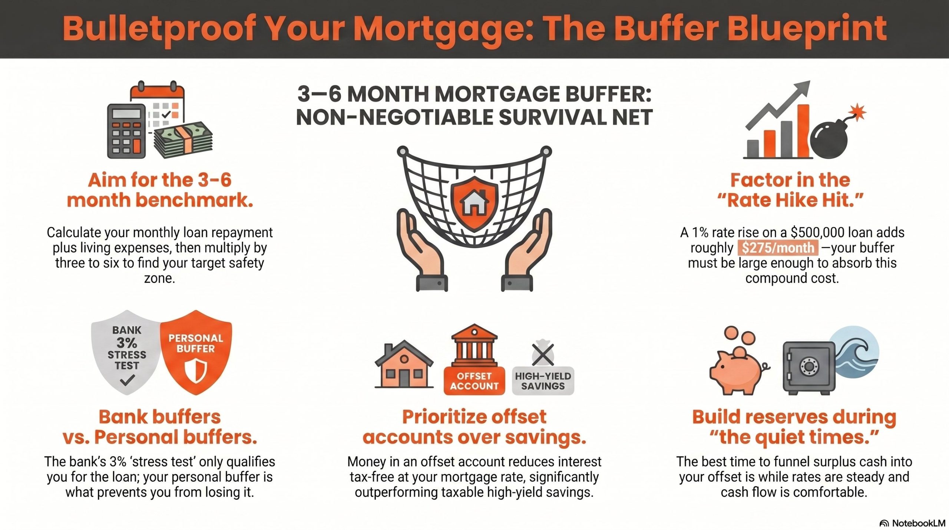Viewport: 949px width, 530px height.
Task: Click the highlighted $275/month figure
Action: [x=777, y=248]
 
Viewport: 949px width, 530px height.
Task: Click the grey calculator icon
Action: [x=126, y=131]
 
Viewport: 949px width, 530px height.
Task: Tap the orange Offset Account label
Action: [x=474, y=381]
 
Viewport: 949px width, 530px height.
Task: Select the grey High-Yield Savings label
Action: [x=543, y=381]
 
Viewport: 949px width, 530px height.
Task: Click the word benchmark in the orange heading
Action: [x=195, y=200]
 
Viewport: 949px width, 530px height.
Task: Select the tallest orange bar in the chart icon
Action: [x=803, y=131]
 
